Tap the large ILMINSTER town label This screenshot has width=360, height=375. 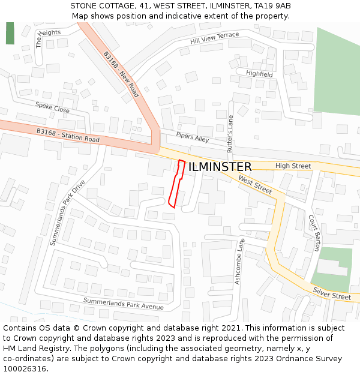point(220,167)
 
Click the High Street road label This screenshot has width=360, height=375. point(293,166)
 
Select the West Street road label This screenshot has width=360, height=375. point(255,184)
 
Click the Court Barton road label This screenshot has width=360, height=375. point(314,233)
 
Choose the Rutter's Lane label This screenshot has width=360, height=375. point(230,134)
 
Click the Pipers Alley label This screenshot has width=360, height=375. point(193,137)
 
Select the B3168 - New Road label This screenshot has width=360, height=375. point(121,74)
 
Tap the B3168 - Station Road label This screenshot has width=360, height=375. point(68,135)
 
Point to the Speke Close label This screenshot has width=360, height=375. point(52,107)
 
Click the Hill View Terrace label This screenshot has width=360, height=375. point(214,39)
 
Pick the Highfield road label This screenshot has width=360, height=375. point(259,74)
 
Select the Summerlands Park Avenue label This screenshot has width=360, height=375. point(123,304)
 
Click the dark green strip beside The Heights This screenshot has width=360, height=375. point(10,33)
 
